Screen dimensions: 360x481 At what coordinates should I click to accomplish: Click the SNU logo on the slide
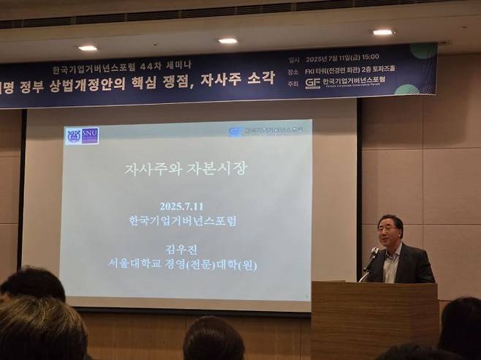pyautogui.click(x=81, y=135)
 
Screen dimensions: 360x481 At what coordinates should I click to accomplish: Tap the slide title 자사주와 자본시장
pyautogui.click(x=186, y=168)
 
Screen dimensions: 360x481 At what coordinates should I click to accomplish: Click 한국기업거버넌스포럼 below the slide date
pyautogui.click(x=186, y=220)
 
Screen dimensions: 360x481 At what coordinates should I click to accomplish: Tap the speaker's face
pyautogui.click(x=389, y=233)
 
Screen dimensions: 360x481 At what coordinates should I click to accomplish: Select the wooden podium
pyautogui.click(x=374, y=318)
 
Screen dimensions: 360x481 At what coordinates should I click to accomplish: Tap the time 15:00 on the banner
pyautogui.click(x=368, y=57)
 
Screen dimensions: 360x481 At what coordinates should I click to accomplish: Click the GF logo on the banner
pyautogui.click(x=313, y=82)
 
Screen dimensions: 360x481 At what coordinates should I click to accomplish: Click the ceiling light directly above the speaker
pyautogui.click(x=382, y=32)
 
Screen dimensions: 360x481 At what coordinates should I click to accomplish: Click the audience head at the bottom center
pyautogui.click(x=213, y=340)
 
